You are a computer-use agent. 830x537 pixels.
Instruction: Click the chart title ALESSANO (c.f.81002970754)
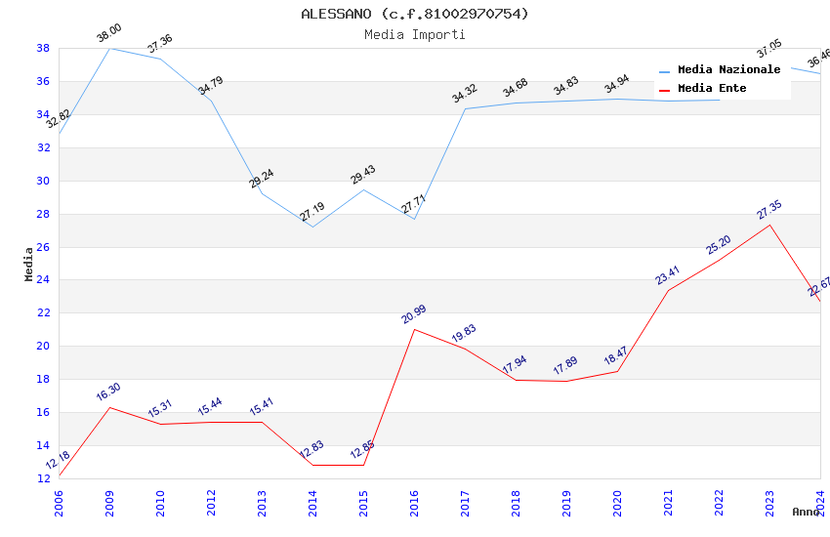pyautogui.click(x=415, y=14)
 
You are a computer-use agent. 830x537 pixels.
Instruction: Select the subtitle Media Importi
pyautogui.click(x=415, y=35)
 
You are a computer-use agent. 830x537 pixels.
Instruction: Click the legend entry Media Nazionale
pyautogui.click(x=728, y=70)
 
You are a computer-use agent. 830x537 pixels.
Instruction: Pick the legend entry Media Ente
pyautogui.click(x=712, y=89)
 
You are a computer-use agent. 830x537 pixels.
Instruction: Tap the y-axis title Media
pyautogui.click(x=29, y=265)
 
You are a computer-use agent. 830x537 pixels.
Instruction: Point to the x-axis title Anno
pyautogui.click(x=806, y=512)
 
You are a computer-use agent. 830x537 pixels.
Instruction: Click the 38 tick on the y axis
pyautogui.click(x=44, y=48)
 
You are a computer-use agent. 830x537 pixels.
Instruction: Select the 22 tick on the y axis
pyautogui.click(x=44, y=313)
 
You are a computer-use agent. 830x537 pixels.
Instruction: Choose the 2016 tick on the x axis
pyautogui.click(x=415, y=499)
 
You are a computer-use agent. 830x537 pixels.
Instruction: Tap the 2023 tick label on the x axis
pyautogui.click(x=770, y=499)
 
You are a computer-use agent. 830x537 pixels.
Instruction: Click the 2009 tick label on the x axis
pyautogui.click(x=110, y=499)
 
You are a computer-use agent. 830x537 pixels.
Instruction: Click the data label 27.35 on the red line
pyautogui.click(x=769, y=210)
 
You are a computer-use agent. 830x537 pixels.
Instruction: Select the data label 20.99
pyautogui.click(x=414, y=314)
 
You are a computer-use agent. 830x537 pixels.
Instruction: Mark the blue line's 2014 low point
pyautogui.click(x=312, y=227)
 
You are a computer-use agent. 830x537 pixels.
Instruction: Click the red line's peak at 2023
pyautogui.click(x=769, y=225)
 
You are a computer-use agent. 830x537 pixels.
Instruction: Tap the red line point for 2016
pyautogui.click(x=414, y=329)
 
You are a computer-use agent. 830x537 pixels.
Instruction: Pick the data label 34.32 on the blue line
pyautogui.click(x=465, y=94)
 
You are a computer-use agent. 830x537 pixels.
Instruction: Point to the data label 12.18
pyautogui.click(x=58, y=461)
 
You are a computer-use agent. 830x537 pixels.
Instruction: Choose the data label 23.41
pyautogui.click(x=668, y=275)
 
